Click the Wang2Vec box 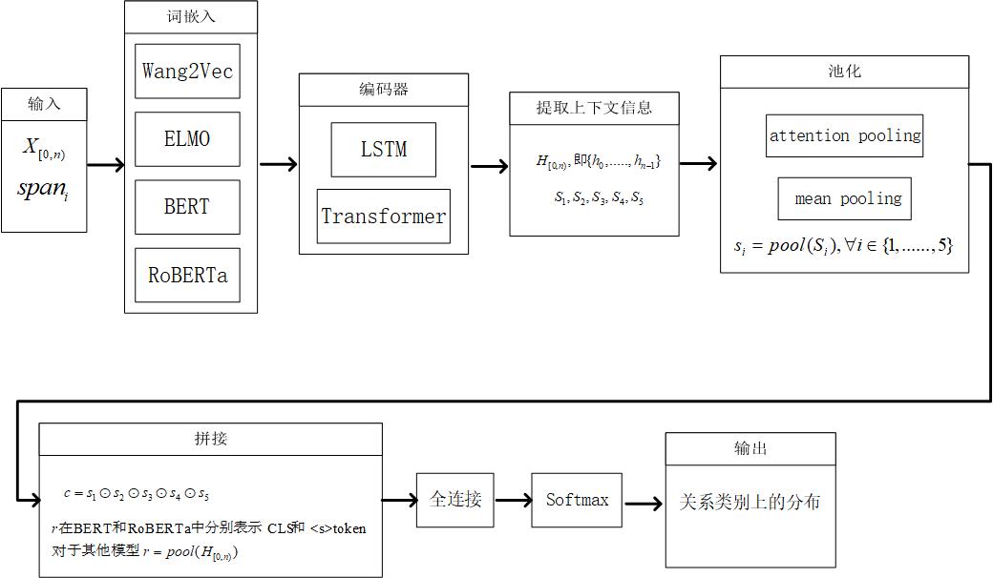tap(187, 71)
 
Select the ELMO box tap(187, 139)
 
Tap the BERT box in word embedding tap(187, 207)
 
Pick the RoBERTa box tap(187, 275)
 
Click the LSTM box tap(384, 150)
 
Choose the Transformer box tap(384, 217)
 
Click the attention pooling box tap(845, 135)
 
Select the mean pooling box tap(845, 198)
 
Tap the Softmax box tap(577, 500)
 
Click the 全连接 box tap(455, 500)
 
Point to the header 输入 tap(44, 104)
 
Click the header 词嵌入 tap(191, 17)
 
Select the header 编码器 tap(384, 90)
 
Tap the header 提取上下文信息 tap(594, 108)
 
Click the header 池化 tap(845, 72)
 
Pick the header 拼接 tap(211, 439)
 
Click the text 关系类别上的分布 tap(750, 502)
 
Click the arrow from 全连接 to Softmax tap(513, 500)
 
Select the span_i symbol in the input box tap(43, 189)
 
